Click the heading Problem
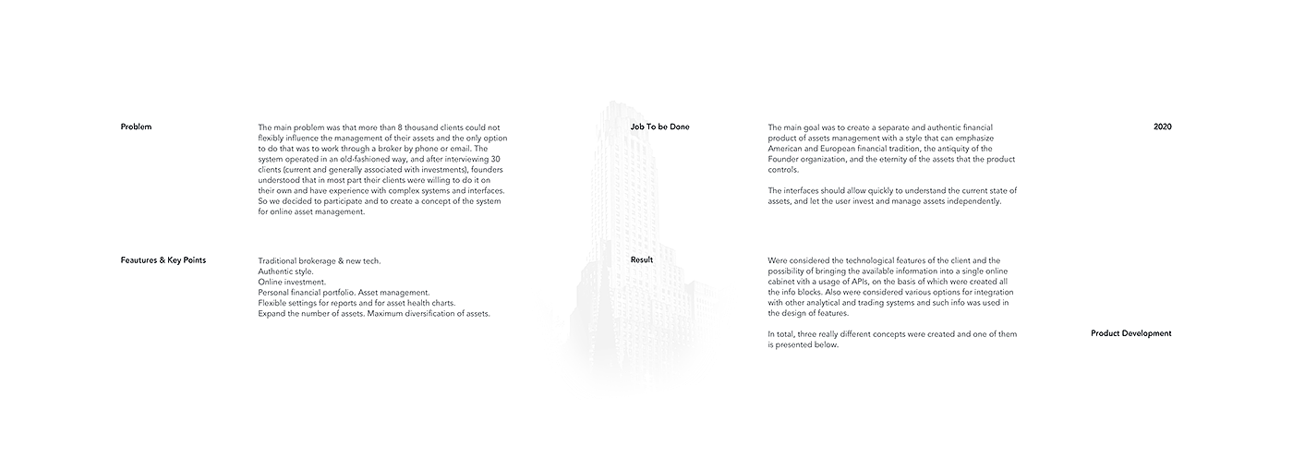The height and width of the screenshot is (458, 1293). [136, 127]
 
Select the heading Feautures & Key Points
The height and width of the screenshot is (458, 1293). [163, 260]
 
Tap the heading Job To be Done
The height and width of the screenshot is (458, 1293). [659, 127]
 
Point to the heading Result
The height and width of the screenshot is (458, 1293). [641, 260]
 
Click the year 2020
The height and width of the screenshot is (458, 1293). [1162, 127]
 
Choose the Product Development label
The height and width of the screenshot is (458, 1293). [1130, 333]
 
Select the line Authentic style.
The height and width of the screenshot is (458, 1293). [285, 271]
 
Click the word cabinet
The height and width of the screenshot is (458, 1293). [784, 282]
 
